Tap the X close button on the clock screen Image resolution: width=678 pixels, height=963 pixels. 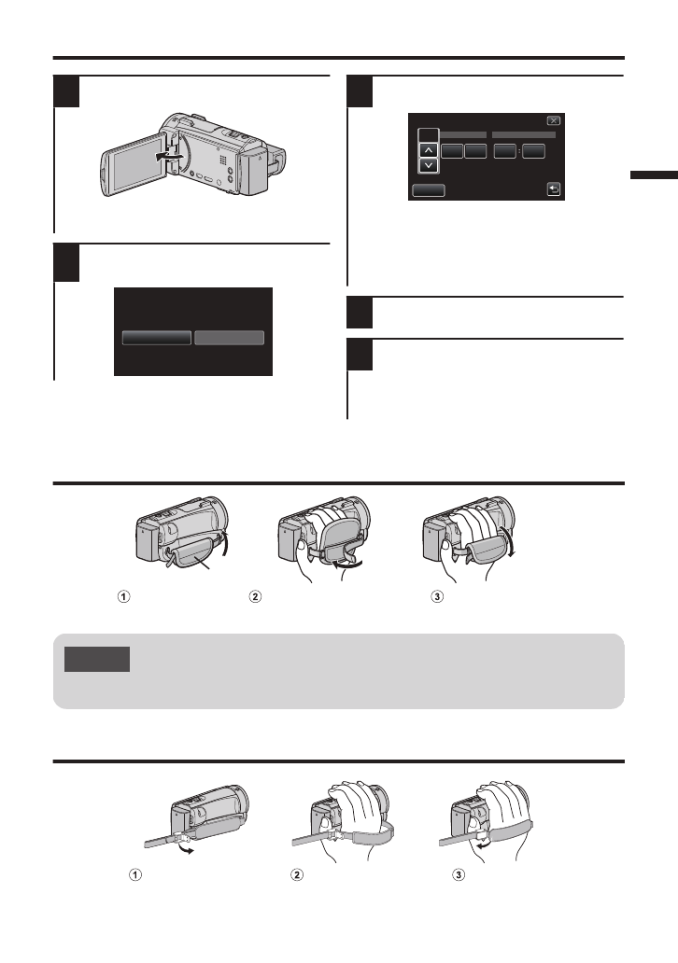pos(554,121)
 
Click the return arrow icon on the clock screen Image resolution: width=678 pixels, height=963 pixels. pos(554,189)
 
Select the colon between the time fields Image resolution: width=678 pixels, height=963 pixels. pos(519,151)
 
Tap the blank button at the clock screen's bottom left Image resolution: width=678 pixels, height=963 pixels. pos(429,190)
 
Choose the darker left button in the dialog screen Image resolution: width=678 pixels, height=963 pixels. pos(157,338)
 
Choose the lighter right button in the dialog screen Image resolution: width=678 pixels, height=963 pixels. pos(230,338)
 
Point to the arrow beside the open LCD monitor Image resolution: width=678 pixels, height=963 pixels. pos(168,158)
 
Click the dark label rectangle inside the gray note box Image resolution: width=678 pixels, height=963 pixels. pos(97,659)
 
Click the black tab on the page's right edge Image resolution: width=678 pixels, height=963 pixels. pos(654,175)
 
